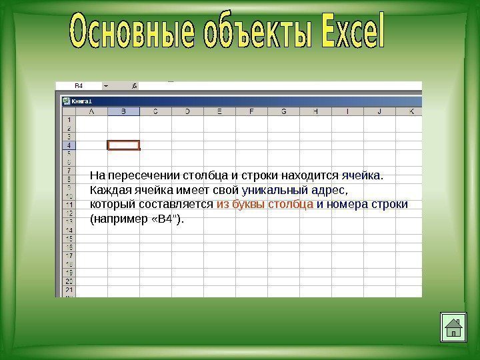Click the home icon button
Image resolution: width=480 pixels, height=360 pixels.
453,327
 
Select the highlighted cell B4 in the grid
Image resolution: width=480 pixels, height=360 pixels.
124,145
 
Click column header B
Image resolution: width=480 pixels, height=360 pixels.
124,111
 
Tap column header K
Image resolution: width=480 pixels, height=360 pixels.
411,111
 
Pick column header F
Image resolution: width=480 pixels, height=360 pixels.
251,111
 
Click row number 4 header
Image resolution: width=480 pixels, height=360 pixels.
69,145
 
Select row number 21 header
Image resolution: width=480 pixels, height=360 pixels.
69,291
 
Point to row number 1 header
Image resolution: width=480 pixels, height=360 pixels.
69,120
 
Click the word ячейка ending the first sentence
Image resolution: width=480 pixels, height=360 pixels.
361,176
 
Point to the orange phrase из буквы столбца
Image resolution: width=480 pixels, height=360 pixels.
265,204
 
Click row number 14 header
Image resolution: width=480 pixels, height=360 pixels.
69,230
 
